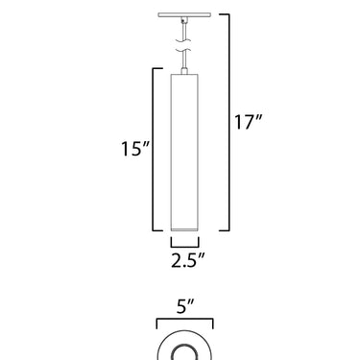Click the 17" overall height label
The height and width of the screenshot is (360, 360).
249,122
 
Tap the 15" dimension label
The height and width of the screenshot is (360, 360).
135,149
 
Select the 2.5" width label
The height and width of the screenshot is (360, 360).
187,260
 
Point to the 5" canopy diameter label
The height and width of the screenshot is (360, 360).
185,306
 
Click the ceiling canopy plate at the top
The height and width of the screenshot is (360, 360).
184,14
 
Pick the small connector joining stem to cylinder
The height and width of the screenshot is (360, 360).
184,71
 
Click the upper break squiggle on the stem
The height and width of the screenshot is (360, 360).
183,41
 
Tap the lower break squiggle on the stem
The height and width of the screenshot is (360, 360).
183,51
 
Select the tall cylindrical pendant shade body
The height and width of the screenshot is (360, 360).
184,153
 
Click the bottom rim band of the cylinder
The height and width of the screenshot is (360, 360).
184,229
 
